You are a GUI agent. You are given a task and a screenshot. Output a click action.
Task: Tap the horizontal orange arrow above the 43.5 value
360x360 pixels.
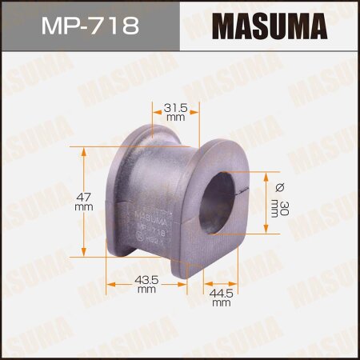point(148,270)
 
